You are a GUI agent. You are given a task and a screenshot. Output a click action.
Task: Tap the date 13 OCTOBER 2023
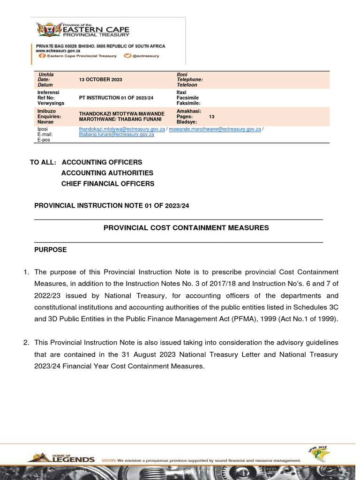tap(100, 80)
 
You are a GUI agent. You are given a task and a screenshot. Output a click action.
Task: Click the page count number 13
tap(211, 116)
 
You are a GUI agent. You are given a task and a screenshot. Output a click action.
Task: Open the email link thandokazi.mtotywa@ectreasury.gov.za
tap(122, 129)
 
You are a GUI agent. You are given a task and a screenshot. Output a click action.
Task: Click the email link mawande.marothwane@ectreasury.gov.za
tap(215, 129)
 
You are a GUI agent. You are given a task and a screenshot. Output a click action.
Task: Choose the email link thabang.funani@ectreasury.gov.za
tap(116, 135)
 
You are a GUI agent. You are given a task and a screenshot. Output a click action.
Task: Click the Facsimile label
tap(188, 98)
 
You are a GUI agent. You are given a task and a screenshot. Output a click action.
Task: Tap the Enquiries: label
tap(50, 116)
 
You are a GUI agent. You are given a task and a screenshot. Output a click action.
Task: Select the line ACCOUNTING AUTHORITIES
tap(107, 173)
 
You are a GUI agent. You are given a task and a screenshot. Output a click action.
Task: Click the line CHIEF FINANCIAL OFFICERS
tap(108, 184)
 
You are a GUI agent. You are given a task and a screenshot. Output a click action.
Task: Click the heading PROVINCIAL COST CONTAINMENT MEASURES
tap(186, 228)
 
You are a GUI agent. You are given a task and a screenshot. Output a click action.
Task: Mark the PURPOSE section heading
tap(51, 250)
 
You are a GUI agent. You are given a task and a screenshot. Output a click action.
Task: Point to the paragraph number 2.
tap(27, 342)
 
